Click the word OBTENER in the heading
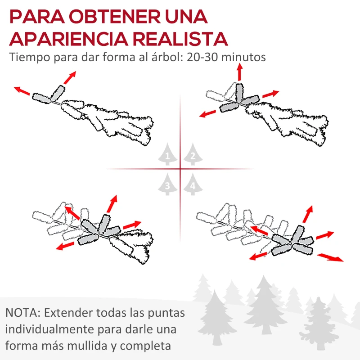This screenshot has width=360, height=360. [x=115, y=17]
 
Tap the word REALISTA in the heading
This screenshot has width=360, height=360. [x=180, y=39]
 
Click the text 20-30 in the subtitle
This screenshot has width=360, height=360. [x=202, y=57]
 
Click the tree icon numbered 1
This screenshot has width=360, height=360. [x=167, y=154]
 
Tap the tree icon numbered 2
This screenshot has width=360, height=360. [x=193, y=154]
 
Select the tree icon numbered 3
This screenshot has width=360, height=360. [x=167, y=184]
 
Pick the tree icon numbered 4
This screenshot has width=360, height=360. [x=193, y=184]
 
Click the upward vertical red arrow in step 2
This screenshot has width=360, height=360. [x=240, y=72]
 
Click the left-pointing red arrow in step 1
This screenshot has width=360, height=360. [x=22, y=91]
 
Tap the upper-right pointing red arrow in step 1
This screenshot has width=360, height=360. [x=70, y=77]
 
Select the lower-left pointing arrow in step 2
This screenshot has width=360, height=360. [x=207, y=114]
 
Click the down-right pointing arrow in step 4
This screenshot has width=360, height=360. [x=330, y=257]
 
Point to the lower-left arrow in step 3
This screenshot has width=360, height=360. [x=65, y=246]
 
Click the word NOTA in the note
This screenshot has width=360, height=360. [x=22, y=313]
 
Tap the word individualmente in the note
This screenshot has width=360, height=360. [x=49, y=329]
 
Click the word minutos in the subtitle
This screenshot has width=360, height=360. [x=243, y=57]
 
